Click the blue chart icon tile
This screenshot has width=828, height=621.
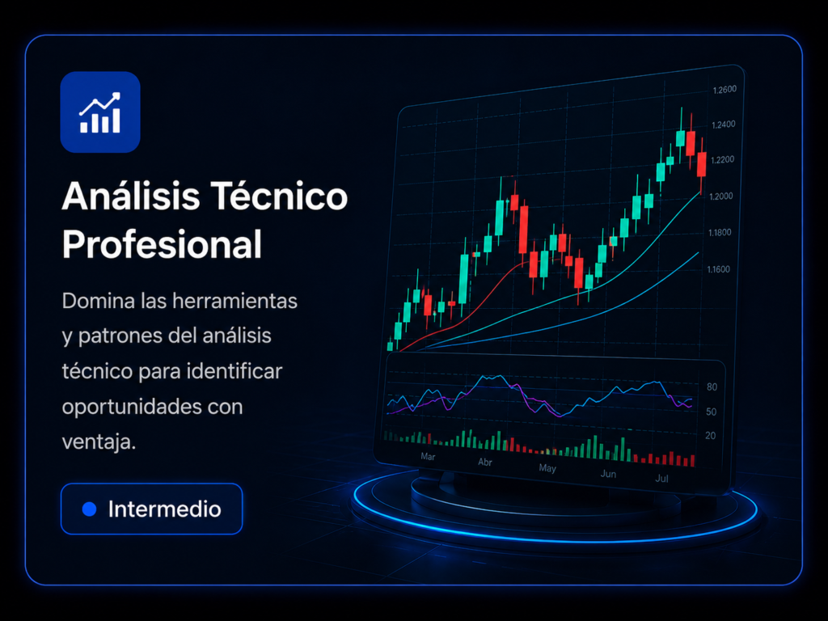coord(100,112)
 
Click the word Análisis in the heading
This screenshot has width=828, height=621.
coord(131,196)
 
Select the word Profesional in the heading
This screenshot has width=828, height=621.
coord(162,244)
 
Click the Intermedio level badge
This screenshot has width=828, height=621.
coord(151,509)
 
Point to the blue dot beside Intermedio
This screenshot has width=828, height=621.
coord(90,509)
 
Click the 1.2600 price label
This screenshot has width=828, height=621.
coord(724,90)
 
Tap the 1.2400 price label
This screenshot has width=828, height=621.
coord(724,125)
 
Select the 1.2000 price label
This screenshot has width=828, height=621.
coord(720,196)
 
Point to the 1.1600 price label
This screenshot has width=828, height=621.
coord(719,269)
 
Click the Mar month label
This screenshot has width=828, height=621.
coord(428,456)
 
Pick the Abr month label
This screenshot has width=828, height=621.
coord(485,462)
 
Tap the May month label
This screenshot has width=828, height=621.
coord(547,468)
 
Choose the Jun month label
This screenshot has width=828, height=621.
coord(608,474)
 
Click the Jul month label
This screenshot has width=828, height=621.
coord(661,479)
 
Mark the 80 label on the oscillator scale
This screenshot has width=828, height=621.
coord(712,387)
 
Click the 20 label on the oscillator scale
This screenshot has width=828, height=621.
coord(711,436)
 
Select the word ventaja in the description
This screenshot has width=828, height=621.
coord(97,442)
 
